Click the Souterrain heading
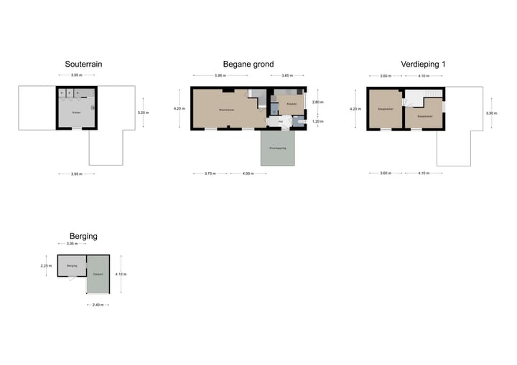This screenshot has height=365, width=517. click(x=83, y=64)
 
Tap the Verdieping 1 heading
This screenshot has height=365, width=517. click(x=424, y=64)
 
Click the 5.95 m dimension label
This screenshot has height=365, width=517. click(x=220, y=76)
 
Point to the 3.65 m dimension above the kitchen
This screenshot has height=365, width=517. click(x=286, y=76)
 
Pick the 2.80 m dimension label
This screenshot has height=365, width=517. click(x=317, y=103)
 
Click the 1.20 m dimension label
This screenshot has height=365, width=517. click(x=317, y=121)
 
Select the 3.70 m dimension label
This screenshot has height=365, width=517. click(x=210, y=173)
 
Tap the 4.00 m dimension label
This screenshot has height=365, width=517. click(x=248, y=173)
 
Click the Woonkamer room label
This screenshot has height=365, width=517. click(x=227, y=110)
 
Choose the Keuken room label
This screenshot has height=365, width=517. click(x=292, y=105)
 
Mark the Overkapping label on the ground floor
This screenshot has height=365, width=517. click(x=277, y=148)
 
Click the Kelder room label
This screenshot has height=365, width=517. click(x=76, y=113)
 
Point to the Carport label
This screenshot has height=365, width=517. click(x=98, y=274)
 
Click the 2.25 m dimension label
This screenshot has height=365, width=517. click(x=45, y=266)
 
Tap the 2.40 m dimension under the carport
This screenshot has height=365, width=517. click(x=98, y=305)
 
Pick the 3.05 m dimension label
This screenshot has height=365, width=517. click(x=72, y=244)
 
